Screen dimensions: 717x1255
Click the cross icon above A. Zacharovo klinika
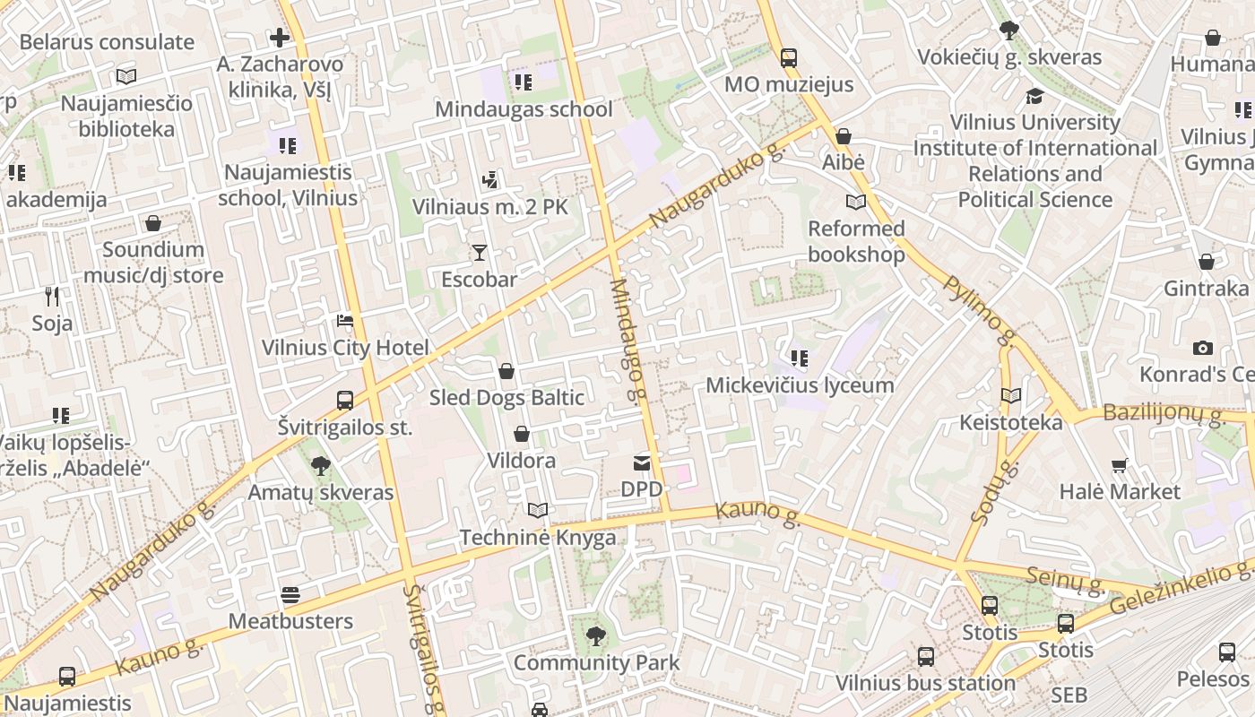click(280, 38)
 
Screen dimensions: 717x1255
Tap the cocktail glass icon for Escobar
click(480, 253)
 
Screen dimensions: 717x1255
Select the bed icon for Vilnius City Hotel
click(345, 321)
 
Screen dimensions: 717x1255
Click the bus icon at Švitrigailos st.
click(345, 401)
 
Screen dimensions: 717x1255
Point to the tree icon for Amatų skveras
click(320, 465)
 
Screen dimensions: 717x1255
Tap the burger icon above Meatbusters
click(290, 594)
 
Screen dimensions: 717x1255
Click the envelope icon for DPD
click(642, 462)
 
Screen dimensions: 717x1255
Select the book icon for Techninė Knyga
click(537, 510)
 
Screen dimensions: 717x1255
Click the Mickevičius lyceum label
click(800, 385)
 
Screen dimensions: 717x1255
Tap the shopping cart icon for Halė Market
click(1119, 465)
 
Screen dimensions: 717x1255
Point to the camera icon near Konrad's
click(1202, 348)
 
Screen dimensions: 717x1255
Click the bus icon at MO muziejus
click(788, 57)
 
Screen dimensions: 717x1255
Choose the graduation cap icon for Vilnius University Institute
click(1034, 95)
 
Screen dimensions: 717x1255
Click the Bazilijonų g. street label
click(1164, 414)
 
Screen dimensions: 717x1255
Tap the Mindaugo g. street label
click(627, 341)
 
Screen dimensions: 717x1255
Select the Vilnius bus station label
click(925, 683)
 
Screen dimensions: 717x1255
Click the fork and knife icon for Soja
click(52, 296)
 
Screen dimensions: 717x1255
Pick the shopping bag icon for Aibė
click(843, 137)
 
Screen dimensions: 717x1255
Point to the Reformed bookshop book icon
click(856, 203)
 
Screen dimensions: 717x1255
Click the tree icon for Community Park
click(595, 636)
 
